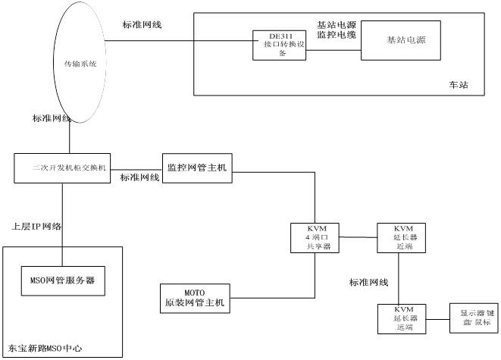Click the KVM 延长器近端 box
pyautogui.click(x=400, y=236)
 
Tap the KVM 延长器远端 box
pyautogui.click(x=400, y=319)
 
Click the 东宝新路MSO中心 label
pyautogui.click(x=42, y=350)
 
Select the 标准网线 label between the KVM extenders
pyautogui.click(x=368, y=283)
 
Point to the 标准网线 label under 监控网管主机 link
pyautogui.click(x=139, y=178)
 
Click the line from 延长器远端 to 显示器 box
pyautogui.click(x=434, y=318)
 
